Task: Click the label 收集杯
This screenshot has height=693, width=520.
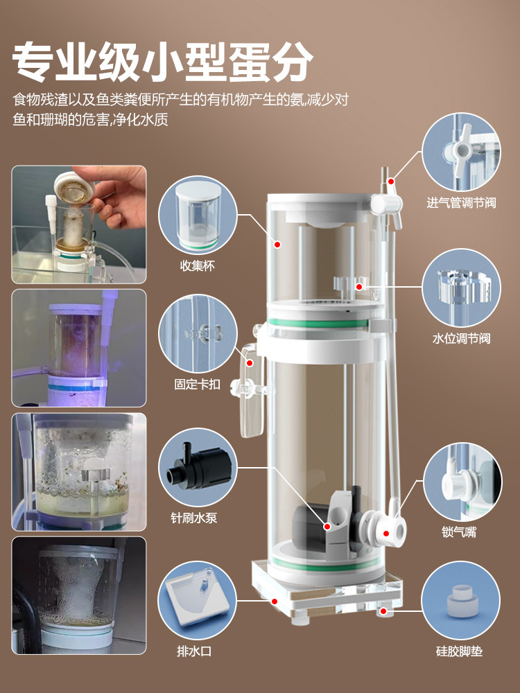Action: point(197,265)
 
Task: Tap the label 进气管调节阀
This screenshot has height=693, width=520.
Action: point(461,203)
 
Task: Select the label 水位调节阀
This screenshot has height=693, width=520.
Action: point(461,339)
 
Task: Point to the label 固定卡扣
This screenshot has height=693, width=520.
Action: point(197,384)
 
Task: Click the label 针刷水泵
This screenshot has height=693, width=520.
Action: point(194,518)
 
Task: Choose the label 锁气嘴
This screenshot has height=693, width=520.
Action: point(459,532)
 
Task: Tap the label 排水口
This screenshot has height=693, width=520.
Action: point(194,651)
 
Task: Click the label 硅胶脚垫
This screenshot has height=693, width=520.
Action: point(459,651)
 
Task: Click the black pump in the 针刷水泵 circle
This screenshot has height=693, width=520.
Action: point(199,468)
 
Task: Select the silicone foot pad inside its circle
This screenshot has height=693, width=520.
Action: point(462,600)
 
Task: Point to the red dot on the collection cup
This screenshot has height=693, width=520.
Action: point(278,244)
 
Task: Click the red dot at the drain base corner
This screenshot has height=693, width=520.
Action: point(275,601)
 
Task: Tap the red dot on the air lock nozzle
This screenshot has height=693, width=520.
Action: point(386,534)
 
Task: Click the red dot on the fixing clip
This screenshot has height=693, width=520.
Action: point(250,363)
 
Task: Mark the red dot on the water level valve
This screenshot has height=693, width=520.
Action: point(359,287)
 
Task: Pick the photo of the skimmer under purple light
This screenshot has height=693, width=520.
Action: point(79,348)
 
